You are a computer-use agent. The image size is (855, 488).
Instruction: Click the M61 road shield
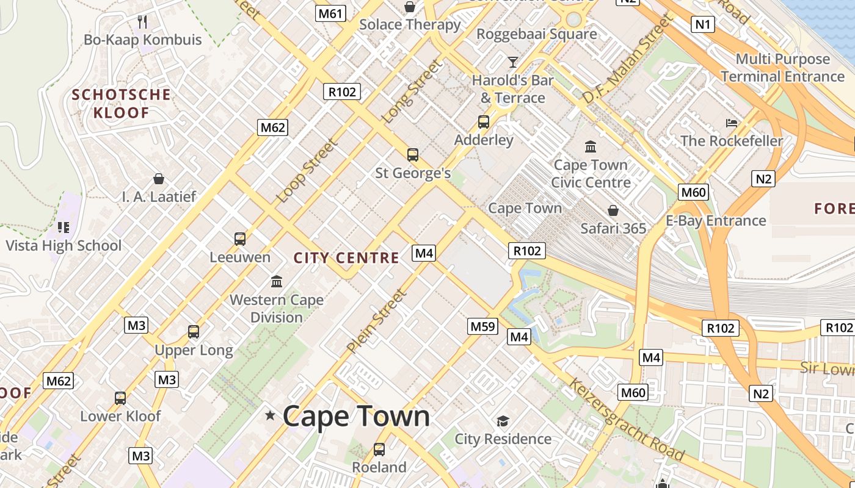click(x=330, y=13)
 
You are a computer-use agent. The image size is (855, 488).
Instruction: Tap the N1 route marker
click(x=703, y=24)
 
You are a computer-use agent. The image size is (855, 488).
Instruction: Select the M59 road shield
click(x=482, y=326)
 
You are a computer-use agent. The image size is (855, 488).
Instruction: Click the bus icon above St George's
click(x=413, y=155)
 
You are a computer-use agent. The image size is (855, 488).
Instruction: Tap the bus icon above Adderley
click(x=484, y=122)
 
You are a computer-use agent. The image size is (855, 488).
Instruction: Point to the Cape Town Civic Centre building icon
click(x=591, y=147)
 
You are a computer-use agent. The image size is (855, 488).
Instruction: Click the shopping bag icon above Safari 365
click(x=613, y=210)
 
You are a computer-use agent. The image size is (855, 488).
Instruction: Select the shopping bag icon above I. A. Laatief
click(x=159, y=179)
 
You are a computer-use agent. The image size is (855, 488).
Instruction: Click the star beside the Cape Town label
click(x=270, y=416)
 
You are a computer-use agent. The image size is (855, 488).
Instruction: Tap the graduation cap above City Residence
click(x=503, y=421)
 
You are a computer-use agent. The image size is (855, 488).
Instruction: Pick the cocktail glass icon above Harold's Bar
click(x=512, y=62)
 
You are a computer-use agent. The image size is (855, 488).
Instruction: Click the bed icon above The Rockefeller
click(x=732, y=123)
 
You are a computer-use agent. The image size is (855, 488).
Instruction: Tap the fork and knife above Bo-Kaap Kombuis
click(x=142, y=22)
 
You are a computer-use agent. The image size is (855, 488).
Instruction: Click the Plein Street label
click(x=376, y=321)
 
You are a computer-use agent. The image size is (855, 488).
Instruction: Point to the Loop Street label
click(x=307, y=171)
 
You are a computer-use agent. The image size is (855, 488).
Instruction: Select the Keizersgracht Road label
click(x=627, y=419)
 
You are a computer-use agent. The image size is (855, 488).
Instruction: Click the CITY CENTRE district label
click(x=346, y=258)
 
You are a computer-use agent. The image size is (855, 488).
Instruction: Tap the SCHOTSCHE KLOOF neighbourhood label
click(x=122, y=104)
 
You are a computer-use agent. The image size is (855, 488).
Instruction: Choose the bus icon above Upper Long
click(x=194, y=332)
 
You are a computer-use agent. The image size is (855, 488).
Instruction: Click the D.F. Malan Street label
click(x=628, y=59)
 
